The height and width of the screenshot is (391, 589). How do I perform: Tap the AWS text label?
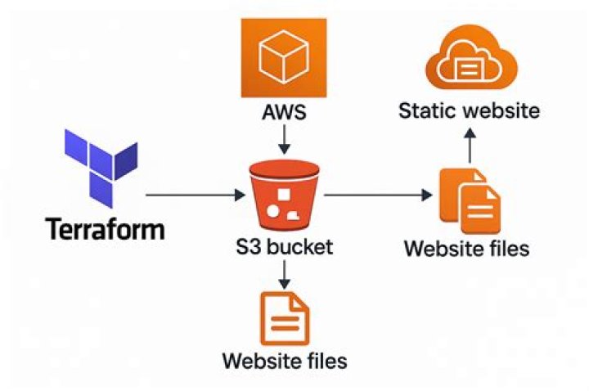pyautogui.click(x=283, y=112)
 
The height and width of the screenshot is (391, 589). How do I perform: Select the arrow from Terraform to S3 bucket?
pyautogui.click(x=196, y=195)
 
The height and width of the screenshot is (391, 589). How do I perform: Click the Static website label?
pyautogui.click(x=469, y=110)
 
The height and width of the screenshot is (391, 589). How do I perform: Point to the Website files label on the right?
pyautogui.click(x=468, y=248)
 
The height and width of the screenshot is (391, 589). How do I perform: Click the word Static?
pyautogui.click(x=425, y=110)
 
